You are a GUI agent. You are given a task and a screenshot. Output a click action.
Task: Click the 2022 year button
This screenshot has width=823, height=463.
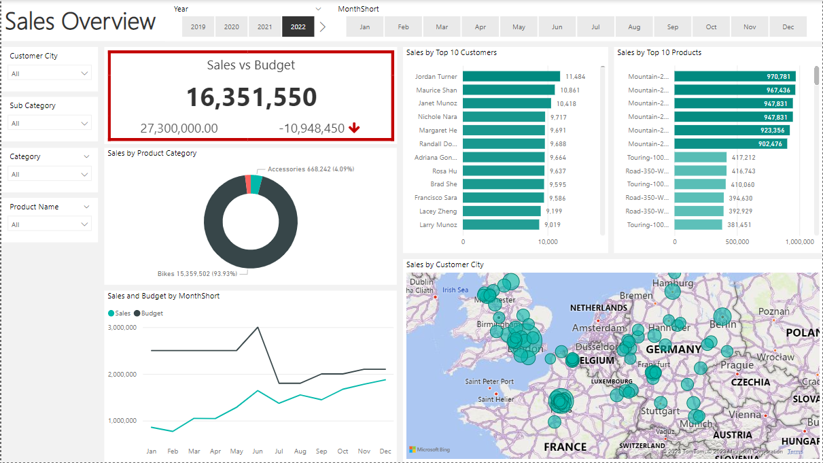click(x=298, y=27)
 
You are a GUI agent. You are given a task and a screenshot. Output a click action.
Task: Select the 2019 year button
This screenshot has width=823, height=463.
click(x=198, y=27)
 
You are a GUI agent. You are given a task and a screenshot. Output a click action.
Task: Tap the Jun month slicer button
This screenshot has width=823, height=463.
click(x=557, y=27)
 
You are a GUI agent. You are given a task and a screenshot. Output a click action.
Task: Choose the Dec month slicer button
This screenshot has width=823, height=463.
click(x=788, y=27)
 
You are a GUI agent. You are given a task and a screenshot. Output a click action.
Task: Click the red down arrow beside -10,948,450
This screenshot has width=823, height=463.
click(x=354, y=128)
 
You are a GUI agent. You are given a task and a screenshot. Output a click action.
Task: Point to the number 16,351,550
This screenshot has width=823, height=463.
click(x=251, y=97)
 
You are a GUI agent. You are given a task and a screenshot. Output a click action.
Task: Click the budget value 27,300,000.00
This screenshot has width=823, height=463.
click(x=179, y=128)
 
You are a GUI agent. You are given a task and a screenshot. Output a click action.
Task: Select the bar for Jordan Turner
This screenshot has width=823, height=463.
click(x=511, y=77)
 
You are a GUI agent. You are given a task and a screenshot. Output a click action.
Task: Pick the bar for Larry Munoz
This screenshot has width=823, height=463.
click(x=501, y=225)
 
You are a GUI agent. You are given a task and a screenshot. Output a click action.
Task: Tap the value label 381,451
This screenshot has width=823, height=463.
click(x=739, y=225)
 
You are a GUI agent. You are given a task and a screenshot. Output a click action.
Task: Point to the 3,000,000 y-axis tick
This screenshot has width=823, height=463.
click(x=122, y=328)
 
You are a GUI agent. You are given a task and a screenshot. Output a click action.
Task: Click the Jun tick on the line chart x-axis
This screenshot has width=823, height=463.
click(x=258, y=451)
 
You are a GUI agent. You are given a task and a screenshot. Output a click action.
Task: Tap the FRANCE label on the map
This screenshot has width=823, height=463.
click(x=565, y=447)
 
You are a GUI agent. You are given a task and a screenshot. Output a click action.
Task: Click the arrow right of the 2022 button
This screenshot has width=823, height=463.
click(x=323, y=27)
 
